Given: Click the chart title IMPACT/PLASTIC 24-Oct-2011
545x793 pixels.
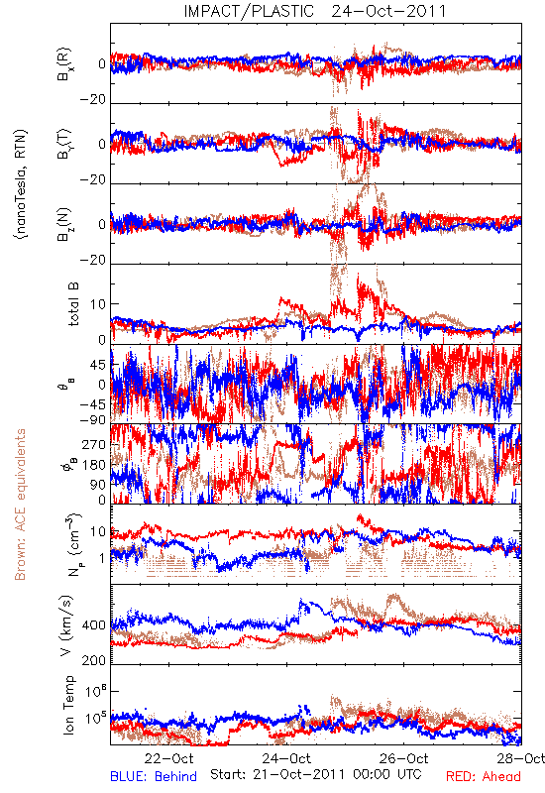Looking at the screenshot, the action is pyautogui.click(x=315, y=11).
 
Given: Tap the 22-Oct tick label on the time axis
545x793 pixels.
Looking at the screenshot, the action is pyautogui.click(x=168, y=758).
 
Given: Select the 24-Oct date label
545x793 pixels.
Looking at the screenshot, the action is pyautogui.click(x=286, y=758).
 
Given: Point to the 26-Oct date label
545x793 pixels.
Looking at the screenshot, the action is pyautogui.click(x=404, y=758).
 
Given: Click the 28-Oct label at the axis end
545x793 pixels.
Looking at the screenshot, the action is pyautogui.click(x=521, y=758).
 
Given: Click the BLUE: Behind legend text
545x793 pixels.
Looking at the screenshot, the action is pyautogui.click(x=154, y=776).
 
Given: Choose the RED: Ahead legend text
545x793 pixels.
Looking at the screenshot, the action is pyautogui.click(x=484, y=776).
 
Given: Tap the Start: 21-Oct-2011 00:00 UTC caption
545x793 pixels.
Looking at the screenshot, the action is pyautogui.click(x=316, y=774).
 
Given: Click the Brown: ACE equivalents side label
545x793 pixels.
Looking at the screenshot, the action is pyautogui.click(x=20, y=505).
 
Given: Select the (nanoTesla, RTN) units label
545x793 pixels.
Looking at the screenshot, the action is pyautogui.click(x=21, y=184).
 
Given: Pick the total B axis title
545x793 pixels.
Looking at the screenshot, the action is pyautogui.click(x=73, y=304).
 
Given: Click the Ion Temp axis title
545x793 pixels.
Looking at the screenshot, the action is pyautogui.click(x=68, y=705).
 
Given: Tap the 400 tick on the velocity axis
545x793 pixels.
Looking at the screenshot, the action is pyautogui.click(x=94, y=625).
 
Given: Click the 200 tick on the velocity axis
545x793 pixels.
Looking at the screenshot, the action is pyautogui.click(x=94, y=660).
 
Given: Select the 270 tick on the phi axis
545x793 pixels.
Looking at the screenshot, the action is pyautogui.click(x=94, y=444).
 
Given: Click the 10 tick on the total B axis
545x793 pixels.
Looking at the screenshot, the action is pyautogui.click(x=98, y=304).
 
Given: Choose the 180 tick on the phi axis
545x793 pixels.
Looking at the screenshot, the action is pyautogui.click(x=94, y=465).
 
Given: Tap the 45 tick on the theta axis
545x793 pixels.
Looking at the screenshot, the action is pyautogui.click(x=98, y=365).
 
